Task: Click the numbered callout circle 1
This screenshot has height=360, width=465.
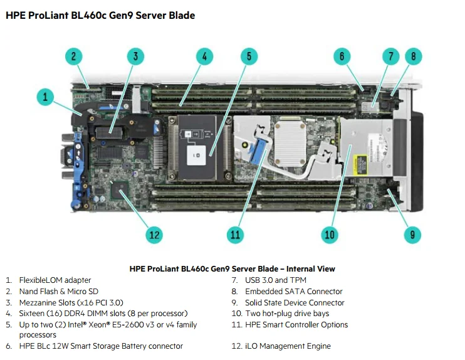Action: point(45,97)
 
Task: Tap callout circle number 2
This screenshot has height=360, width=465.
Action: point(73,56)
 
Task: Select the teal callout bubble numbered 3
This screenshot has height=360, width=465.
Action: point(135,56)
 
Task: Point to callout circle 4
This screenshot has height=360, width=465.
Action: point(204,56)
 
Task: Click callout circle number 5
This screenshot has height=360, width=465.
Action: point(249,56)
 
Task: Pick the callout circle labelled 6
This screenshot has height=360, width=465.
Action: point(342,56)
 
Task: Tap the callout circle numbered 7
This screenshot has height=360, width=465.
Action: point(390,56)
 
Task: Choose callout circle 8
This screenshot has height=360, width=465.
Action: point(413,56)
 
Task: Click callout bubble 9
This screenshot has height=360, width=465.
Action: point(412,235)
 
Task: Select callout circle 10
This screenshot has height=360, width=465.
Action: point(330,235)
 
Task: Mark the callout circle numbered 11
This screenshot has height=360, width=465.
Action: point(235,235)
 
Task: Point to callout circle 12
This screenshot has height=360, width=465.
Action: point(154,235)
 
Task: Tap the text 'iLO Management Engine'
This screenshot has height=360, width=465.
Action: point(288,346)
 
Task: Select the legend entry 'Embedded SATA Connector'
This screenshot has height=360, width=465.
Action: point(293,292)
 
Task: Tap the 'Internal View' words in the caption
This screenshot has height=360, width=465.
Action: point(312,269)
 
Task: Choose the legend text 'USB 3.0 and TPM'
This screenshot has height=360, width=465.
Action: point(276,280)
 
